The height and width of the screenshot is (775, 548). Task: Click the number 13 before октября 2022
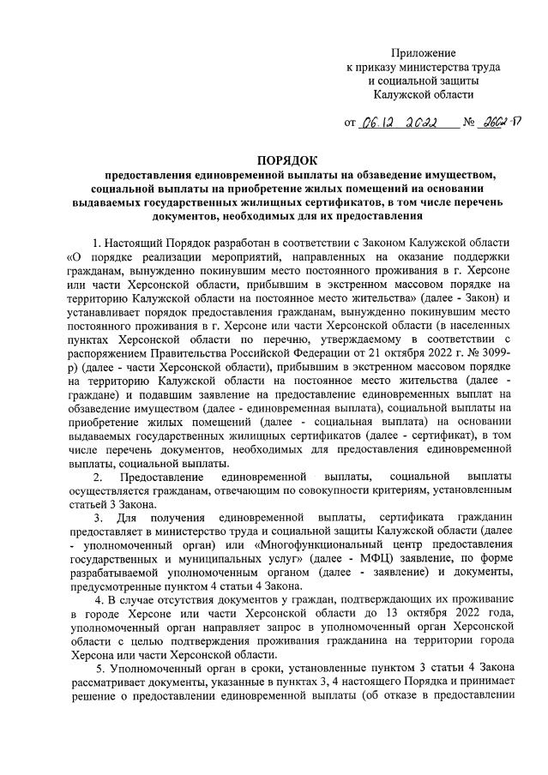pos(390,617)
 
